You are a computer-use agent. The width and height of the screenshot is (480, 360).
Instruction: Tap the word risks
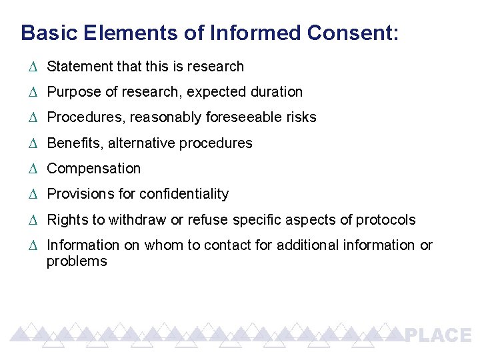[302, 117]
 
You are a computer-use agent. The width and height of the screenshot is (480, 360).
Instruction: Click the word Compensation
[93, 169]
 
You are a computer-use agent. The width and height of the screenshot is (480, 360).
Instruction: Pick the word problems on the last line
[77, 261]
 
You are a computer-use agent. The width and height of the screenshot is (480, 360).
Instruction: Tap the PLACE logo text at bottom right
[439, 335]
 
